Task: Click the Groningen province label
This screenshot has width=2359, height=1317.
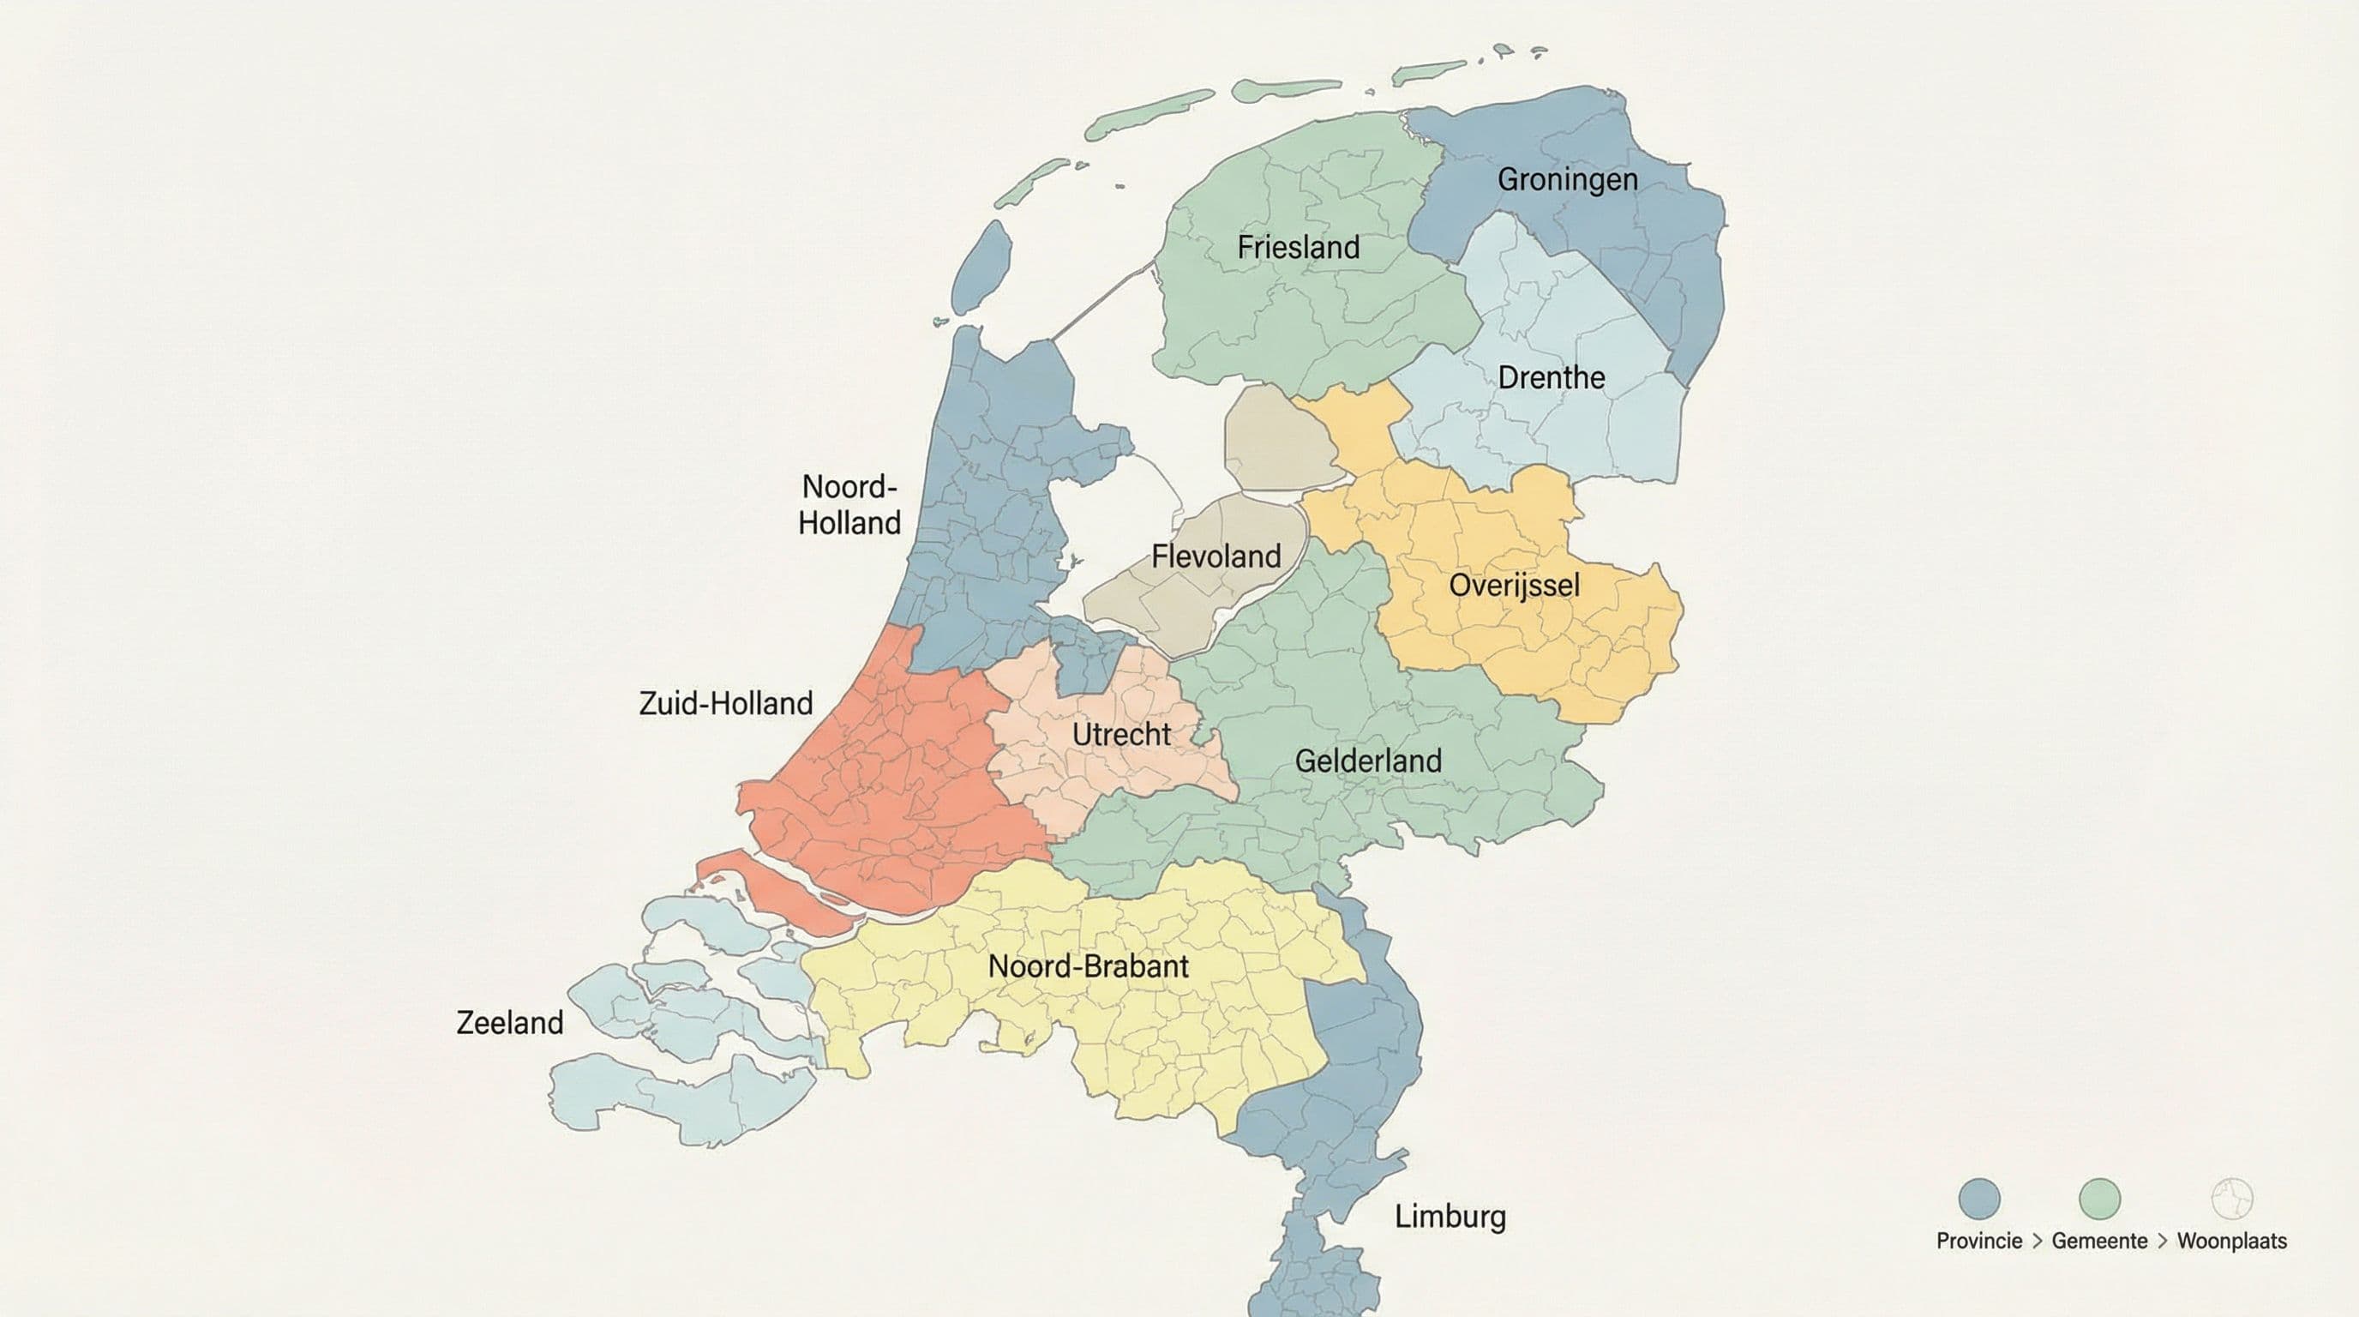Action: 1567,179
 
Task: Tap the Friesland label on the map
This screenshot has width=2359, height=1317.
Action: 1298,247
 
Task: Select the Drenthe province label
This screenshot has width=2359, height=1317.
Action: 1551,377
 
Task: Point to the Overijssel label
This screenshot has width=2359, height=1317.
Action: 1514,586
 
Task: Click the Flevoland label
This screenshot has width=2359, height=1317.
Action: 1216,556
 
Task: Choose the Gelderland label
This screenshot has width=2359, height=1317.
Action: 1367,761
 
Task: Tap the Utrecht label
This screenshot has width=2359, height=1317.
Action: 1121,734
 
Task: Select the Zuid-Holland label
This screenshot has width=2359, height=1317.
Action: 725,703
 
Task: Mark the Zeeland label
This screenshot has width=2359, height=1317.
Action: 509,1022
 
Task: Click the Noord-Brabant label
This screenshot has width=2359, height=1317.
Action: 1088,966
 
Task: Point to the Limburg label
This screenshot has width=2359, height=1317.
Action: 1450,1217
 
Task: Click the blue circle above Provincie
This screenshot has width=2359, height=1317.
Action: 1979,1199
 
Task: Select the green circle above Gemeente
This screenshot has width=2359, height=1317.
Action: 2099,1199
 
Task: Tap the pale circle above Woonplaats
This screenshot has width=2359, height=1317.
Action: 2232,1199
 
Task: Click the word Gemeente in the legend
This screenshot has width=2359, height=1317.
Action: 2099,1241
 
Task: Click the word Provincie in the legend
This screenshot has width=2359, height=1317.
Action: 1979,1241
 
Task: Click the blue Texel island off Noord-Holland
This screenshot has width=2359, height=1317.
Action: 981,267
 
